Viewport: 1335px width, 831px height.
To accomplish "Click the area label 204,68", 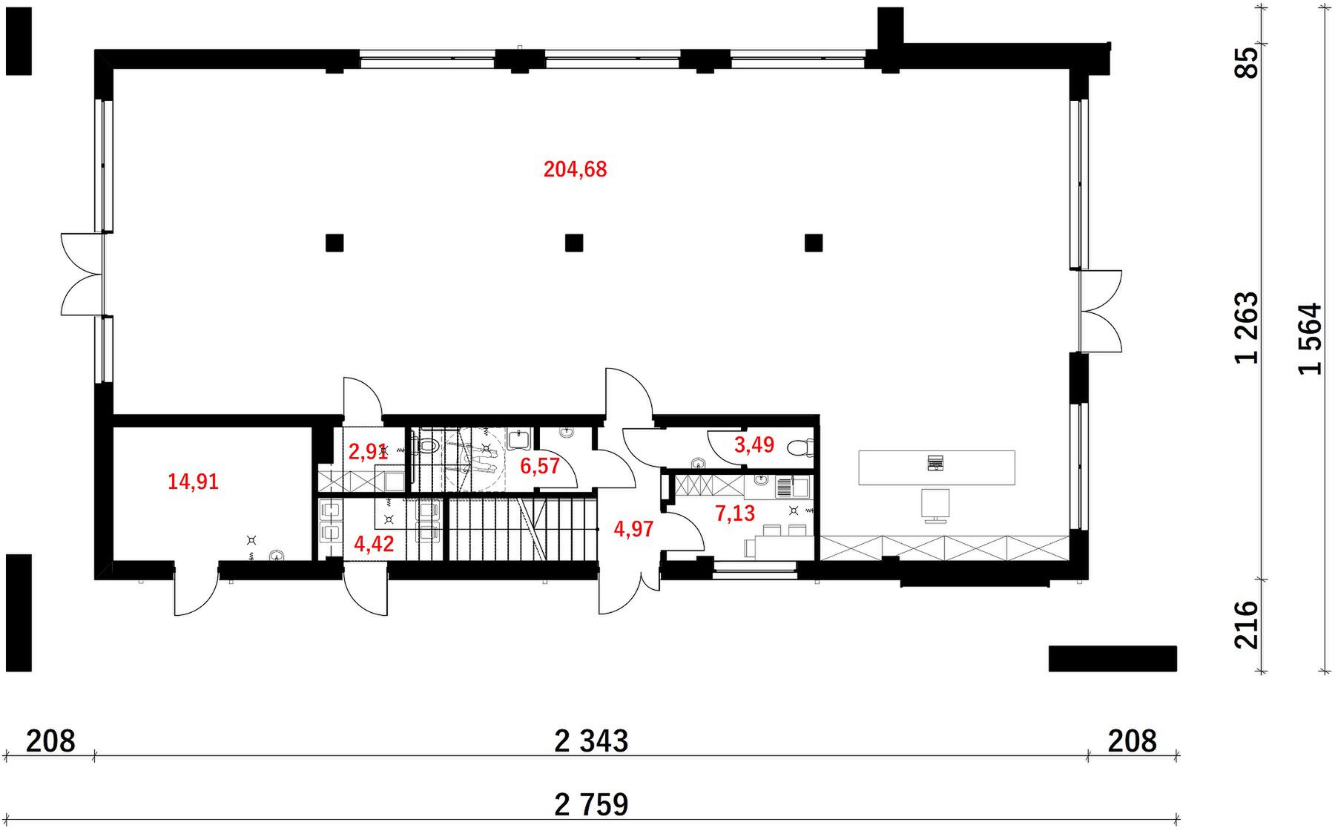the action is point(575,170).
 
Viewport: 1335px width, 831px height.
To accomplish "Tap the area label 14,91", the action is point(193,482).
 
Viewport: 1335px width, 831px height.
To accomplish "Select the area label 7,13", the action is point(735,513).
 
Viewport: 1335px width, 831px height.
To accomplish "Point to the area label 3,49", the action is point(754,445).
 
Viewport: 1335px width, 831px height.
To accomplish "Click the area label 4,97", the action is point(634,530).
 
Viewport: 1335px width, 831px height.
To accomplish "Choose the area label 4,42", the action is point(375,545).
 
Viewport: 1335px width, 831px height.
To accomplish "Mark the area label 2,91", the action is point(368,452).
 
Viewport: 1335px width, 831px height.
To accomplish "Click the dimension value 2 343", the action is point(592,741).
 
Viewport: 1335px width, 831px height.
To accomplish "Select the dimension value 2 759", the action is point(592,804).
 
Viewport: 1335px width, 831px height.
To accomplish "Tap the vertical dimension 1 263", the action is point(1247,328).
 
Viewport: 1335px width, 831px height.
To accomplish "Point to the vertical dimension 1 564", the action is point(1311,339).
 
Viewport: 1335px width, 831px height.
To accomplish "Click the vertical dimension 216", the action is point(1247,625).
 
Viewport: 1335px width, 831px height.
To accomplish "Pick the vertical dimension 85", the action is point(1247,63).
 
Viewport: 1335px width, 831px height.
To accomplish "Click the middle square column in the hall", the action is point(574,243).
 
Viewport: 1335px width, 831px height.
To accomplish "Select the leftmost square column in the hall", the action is point(334,243).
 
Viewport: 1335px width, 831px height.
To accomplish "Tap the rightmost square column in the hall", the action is point(814,243).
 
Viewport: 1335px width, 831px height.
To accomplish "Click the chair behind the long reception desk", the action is point(935,505).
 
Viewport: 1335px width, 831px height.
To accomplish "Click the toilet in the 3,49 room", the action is point(800,448).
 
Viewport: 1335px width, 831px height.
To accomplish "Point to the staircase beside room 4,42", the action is point(523,529).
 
